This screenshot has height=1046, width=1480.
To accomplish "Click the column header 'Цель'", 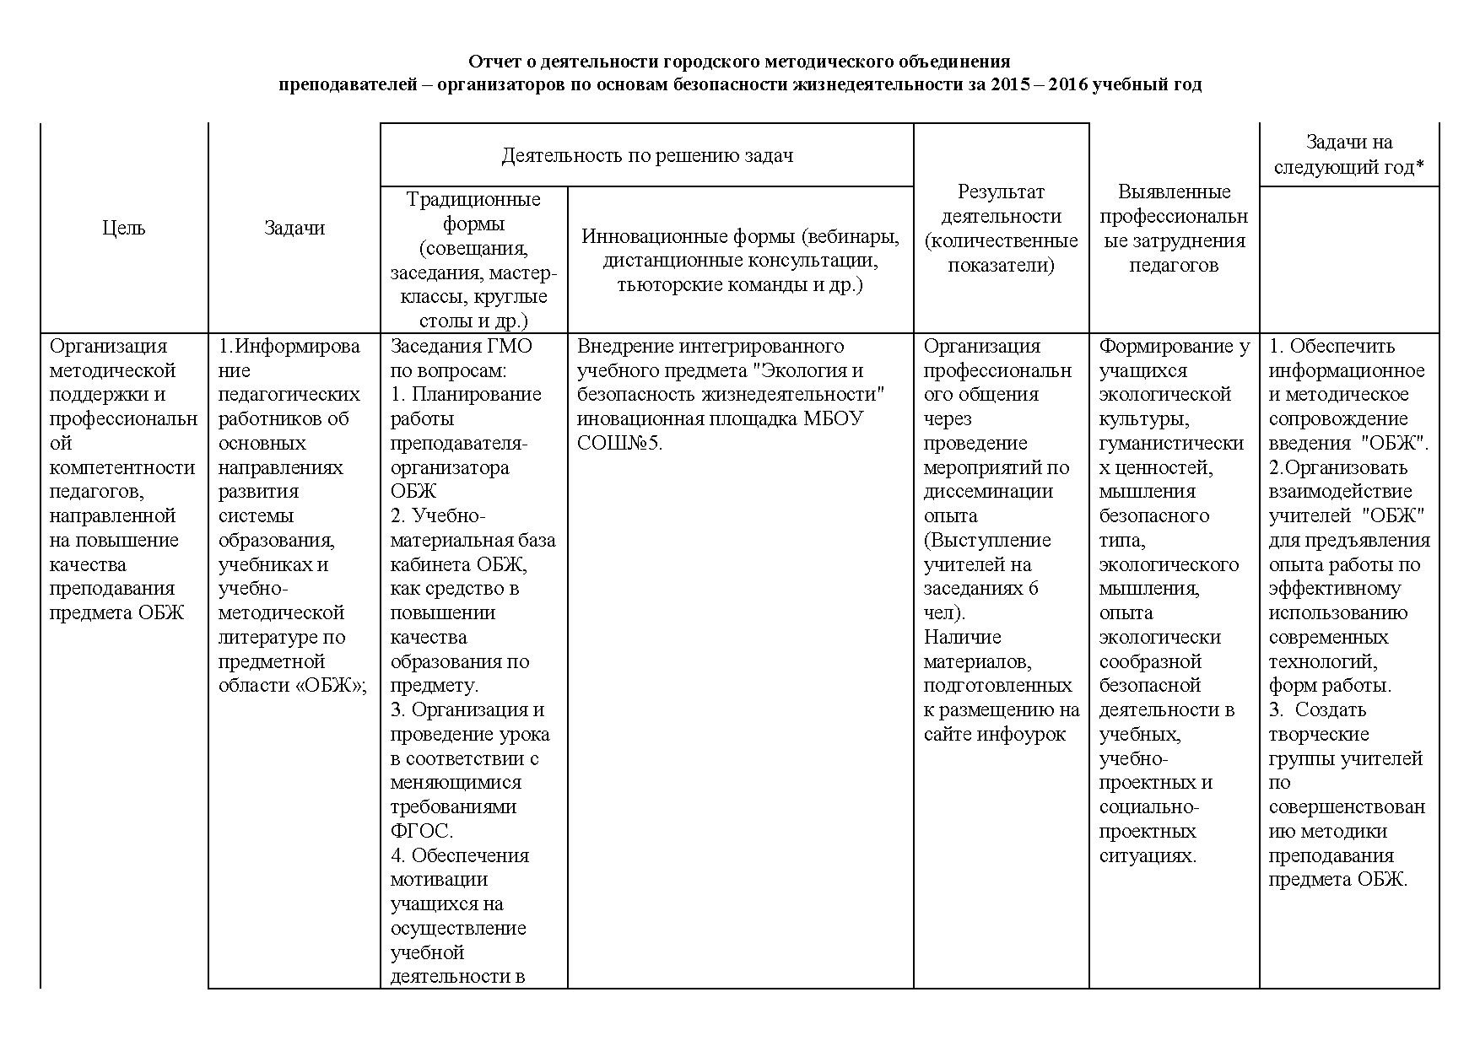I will coord(124,228).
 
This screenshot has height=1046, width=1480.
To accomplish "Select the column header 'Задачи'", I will coord(294,228).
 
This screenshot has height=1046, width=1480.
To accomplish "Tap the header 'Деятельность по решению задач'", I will coord(647,155).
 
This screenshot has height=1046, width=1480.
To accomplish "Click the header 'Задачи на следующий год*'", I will coord(1348,155).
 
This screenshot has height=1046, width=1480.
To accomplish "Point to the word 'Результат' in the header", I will coord(1001,191).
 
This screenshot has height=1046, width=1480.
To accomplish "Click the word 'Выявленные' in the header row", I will coord(1173,191).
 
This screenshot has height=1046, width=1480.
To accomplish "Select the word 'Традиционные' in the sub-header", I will coord(473,200).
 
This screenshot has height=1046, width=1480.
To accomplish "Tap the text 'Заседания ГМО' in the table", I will coord(461,346).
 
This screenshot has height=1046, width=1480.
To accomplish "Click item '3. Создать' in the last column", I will coord(1317,709).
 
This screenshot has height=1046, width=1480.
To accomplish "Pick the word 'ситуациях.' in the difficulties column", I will coord(1148,855).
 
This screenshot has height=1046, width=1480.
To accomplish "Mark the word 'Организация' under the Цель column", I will coord(109,346).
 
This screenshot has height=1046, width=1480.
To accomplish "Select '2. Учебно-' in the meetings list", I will coord(438,515).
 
